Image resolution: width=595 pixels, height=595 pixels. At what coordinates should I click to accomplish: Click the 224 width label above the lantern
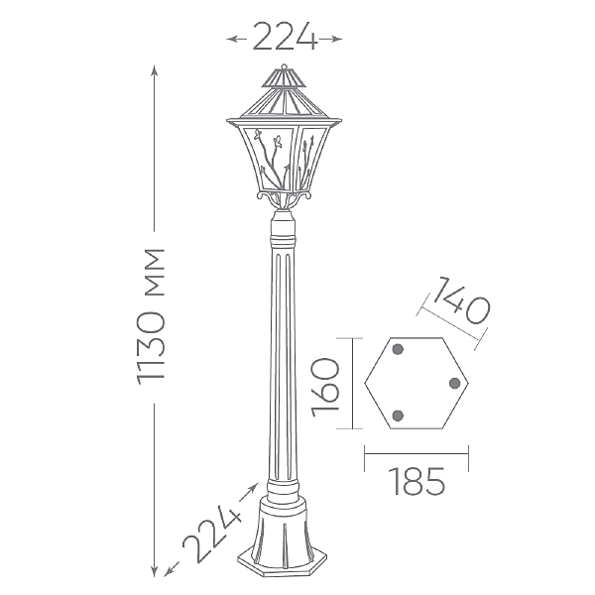285,37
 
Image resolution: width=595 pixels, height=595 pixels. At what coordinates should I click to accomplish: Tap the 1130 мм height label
151,317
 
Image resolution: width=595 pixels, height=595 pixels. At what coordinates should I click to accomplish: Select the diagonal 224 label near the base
212,535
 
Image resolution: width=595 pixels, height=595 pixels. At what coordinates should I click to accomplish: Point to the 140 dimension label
461,300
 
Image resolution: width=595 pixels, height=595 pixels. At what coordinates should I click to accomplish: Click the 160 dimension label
325,387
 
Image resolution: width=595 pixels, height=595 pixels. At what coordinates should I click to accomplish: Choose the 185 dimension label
416,481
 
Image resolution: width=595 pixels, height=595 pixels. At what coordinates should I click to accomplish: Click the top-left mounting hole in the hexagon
398,349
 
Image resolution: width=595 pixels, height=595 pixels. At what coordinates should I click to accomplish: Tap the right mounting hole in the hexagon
454,383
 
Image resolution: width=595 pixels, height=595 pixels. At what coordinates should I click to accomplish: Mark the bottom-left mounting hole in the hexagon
398,416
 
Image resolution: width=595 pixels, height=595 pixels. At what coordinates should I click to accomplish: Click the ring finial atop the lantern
285,66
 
